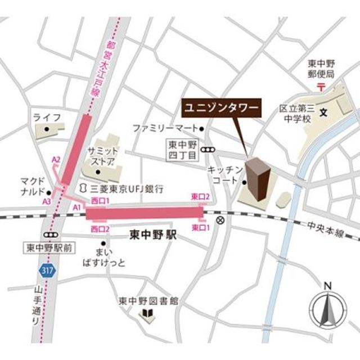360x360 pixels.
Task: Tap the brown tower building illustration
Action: click(258, 181)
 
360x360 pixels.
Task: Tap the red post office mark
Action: click(321, 87)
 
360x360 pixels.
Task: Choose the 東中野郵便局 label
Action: click(321, 69)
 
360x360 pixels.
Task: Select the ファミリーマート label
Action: click(165, 128)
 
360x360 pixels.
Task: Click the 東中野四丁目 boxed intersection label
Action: click(182, 149)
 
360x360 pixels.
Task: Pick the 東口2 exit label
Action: click(200, 196)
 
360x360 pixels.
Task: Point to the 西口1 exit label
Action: click(100, 201)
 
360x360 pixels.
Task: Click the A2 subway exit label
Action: click(56, 160)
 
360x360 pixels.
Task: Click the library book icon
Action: click(148, 313)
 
